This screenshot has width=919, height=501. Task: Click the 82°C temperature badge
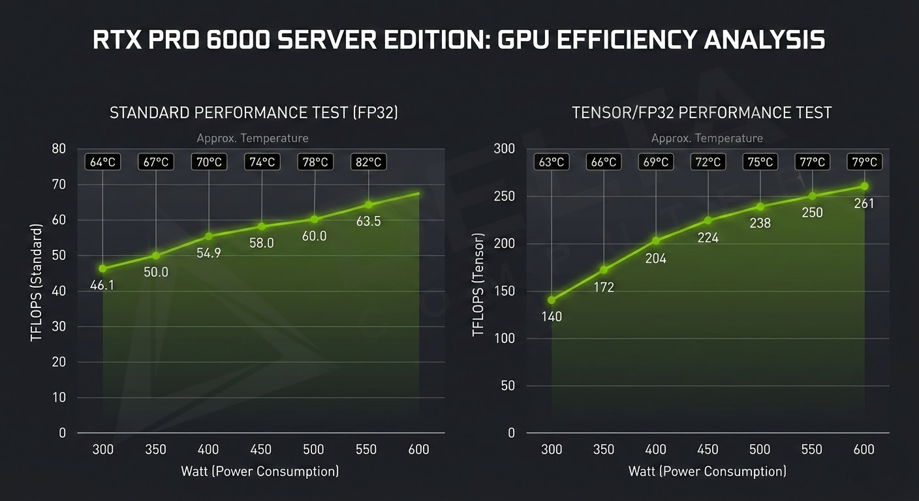coord(368,162)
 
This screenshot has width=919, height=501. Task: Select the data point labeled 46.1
coord(102,269)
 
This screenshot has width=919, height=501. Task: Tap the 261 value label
coord(864,204)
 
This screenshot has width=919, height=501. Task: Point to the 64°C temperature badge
coord(102,162)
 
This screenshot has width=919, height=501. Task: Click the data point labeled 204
coord(656,241)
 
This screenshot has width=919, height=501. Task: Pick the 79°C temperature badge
coord(864,162)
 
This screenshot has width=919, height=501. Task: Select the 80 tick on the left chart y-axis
coord(59,149)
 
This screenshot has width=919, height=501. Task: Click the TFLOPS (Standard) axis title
coord(37,282)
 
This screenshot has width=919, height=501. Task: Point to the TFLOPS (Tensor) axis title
coord(478,285)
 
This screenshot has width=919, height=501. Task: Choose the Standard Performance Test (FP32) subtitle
coord(253,113)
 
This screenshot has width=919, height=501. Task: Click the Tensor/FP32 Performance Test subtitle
coord(702,113)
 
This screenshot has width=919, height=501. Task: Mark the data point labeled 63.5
coord(368,205)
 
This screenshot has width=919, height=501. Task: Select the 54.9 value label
coord(209,253)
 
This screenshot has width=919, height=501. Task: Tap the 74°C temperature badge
coord(262,162)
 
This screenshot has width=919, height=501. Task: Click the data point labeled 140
coord(552,300)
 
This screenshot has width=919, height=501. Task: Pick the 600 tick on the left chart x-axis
coord(418,449)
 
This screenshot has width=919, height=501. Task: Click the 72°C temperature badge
coord(708,162)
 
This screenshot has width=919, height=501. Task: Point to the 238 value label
coord(760,223)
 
